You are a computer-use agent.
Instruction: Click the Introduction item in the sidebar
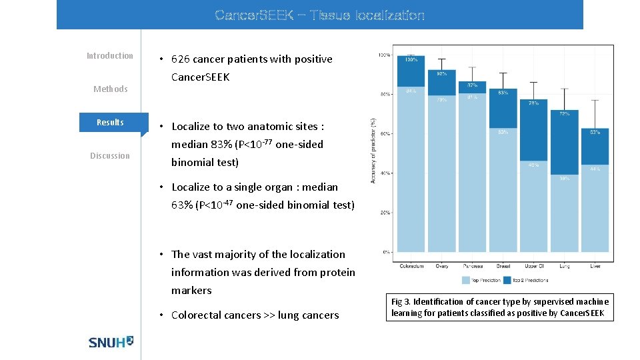tap(110, 56)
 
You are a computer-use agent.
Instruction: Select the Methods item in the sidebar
tap(110, 89)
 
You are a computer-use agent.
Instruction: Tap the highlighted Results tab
tap(110, 122)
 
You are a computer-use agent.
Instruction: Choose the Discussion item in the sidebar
tap(110, 156)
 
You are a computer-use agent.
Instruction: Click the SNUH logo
tap(111, 341)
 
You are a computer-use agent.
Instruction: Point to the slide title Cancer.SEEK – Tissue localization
tap(319, 15)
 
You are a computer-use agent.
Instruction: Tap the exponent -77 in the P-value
tap(266, 141)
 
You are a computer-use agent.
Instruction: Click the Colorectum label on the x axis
tap(411, 266)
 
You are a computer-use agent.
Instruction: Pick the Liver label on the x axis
tap(595, 266)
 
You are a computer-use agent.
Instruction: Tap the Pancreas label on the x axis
tap(472, 266)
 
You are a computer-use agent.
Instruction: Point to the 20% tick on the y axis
tap(385, 213)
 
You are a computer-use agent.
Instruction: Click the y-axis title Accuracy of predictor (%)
tap(373, 150)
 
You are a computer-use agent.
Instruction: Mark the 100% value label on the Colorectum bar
tap(411, 60)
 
